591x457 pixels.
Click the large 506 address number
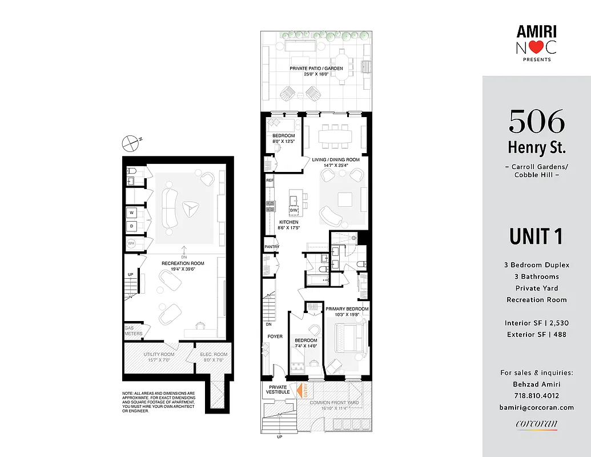click(536, 121)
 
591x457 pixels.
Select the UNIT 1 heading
click(536, 235)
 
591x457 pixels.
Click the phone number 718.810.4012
click(536, 395)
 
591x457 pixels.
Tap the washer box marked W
click(131, 213)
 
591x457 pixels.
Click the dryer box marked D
click(131, 227)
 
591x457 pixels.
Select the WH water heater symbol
click(131, 244)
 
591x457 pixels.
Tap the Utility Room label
click(159, 357)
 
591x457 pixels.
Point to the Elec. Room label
click(214, 357)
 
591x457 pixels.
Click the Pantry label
click(271, 247)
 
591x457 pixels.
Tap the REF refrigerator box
click(270, 180)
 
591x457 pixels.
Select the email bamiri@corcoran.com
click(536, 407)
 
